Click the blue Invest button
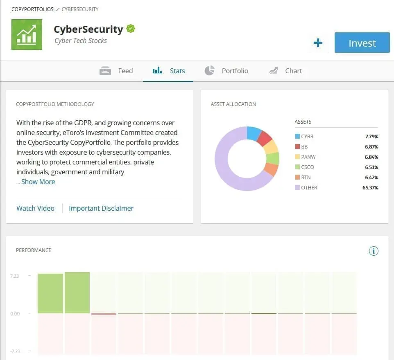point(362,43)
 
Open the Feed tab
point(116,71)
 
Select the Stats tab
point(169,71)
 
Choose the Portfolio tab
point(226,71)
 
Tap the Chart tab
point(285,71)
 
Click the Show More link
point(38,182)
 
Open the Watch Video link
point(35,208)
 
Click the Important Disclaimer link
point(101,208)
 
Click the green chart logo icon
point(27,34)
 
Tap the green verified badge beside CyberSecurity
point(131,29)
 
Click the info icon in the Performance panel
point(374,251)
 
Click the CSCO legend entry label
point(307,167)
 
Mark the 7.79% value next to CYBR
point(371,137)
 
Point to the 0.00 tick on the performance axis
point(15,314)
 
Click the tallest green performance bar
point(77,292)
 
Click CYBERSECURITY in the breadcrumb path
point(80,9)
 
